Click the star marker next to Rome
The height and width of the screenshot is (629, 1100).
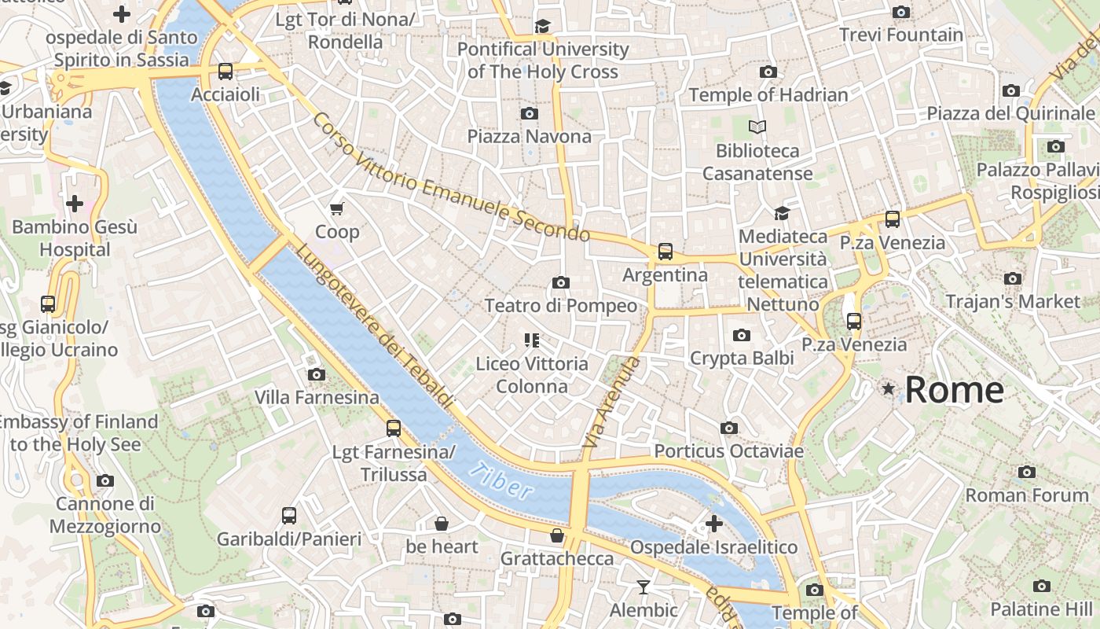[889, 388]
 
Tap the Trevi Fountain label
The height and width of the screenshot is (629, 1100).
[900, 35]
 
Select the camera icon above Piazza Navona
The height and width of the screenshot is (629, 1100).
[530, 113]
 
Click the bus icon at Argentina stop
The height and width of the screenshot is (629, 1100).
[665, 252]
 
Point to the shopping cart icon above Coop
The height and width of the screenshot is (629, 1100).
[337, 208]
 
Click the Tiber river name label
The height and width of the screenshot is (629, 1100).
[500, 481]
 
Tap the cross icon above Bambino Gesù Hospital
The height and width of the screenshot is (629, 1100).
[75, 204]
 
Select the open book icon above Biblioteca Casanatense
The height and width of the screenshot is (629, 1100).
[757, 127]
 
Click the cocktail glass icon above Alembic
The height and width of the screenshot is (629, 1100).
[643, 587]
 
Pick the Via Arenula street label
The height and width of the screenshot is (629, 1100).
[611, 403]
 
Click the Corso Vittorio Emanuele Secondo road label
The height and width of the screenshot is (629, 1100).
[450, 177]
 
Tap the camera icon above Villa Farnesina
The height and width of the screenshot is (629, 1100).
[317, 374]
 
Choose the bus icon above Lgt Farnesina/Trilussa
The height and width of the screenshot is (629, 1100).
[394, 429]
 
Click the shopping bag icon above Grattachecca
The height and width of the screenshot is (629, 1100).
[557, 535]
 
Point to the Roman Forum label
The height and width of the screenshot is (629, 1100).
[1027, 495]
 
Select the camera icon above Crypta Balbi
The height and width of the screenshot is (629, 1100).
[741, 336]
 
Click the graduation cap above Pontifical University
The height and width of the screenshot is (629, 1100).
[542, 27]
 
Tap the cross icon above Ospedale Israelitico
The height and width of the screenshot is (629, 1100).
[713, 524]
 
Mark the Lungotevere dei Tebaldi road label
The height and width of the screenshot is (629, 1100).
[375, 326]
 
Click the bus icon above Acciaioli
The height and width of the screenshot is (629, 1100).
[225, 72]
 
